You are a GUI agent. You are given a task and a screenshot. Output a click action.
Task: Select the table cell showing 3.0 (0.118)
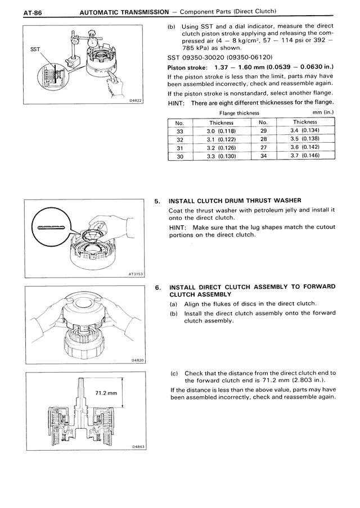(221, 131)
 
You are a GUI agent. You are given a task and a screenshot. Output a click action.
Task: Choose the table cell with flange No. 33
(180, 131)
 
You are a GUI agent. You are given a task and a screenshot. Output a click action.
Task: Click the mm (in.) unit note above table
(323, 113)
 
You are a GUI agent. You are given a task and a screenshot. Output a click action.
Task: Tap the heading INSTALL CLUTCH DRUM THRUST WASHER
(235, 201)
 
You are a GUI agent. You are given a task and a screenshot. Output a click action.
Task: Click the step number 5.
(158, 201)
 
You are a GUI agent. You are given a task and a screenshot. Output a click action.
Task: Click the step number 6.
(158, 287)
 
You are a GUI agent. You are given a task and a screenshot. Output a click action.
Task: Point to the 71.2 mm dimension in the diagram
(105, 393)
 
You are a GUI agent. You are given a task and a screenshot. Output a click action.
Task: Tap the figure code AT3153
(134, 274)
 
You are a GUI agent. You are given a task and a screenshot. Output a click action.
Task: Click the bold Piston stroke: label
(188, 67)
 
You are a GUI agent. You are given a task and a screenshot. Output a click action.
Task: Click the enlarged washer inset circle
(51, 228)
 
